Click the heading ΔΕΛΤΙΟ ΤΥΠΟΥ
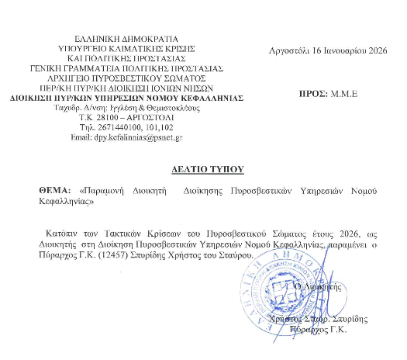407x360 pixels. [207, 168]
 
